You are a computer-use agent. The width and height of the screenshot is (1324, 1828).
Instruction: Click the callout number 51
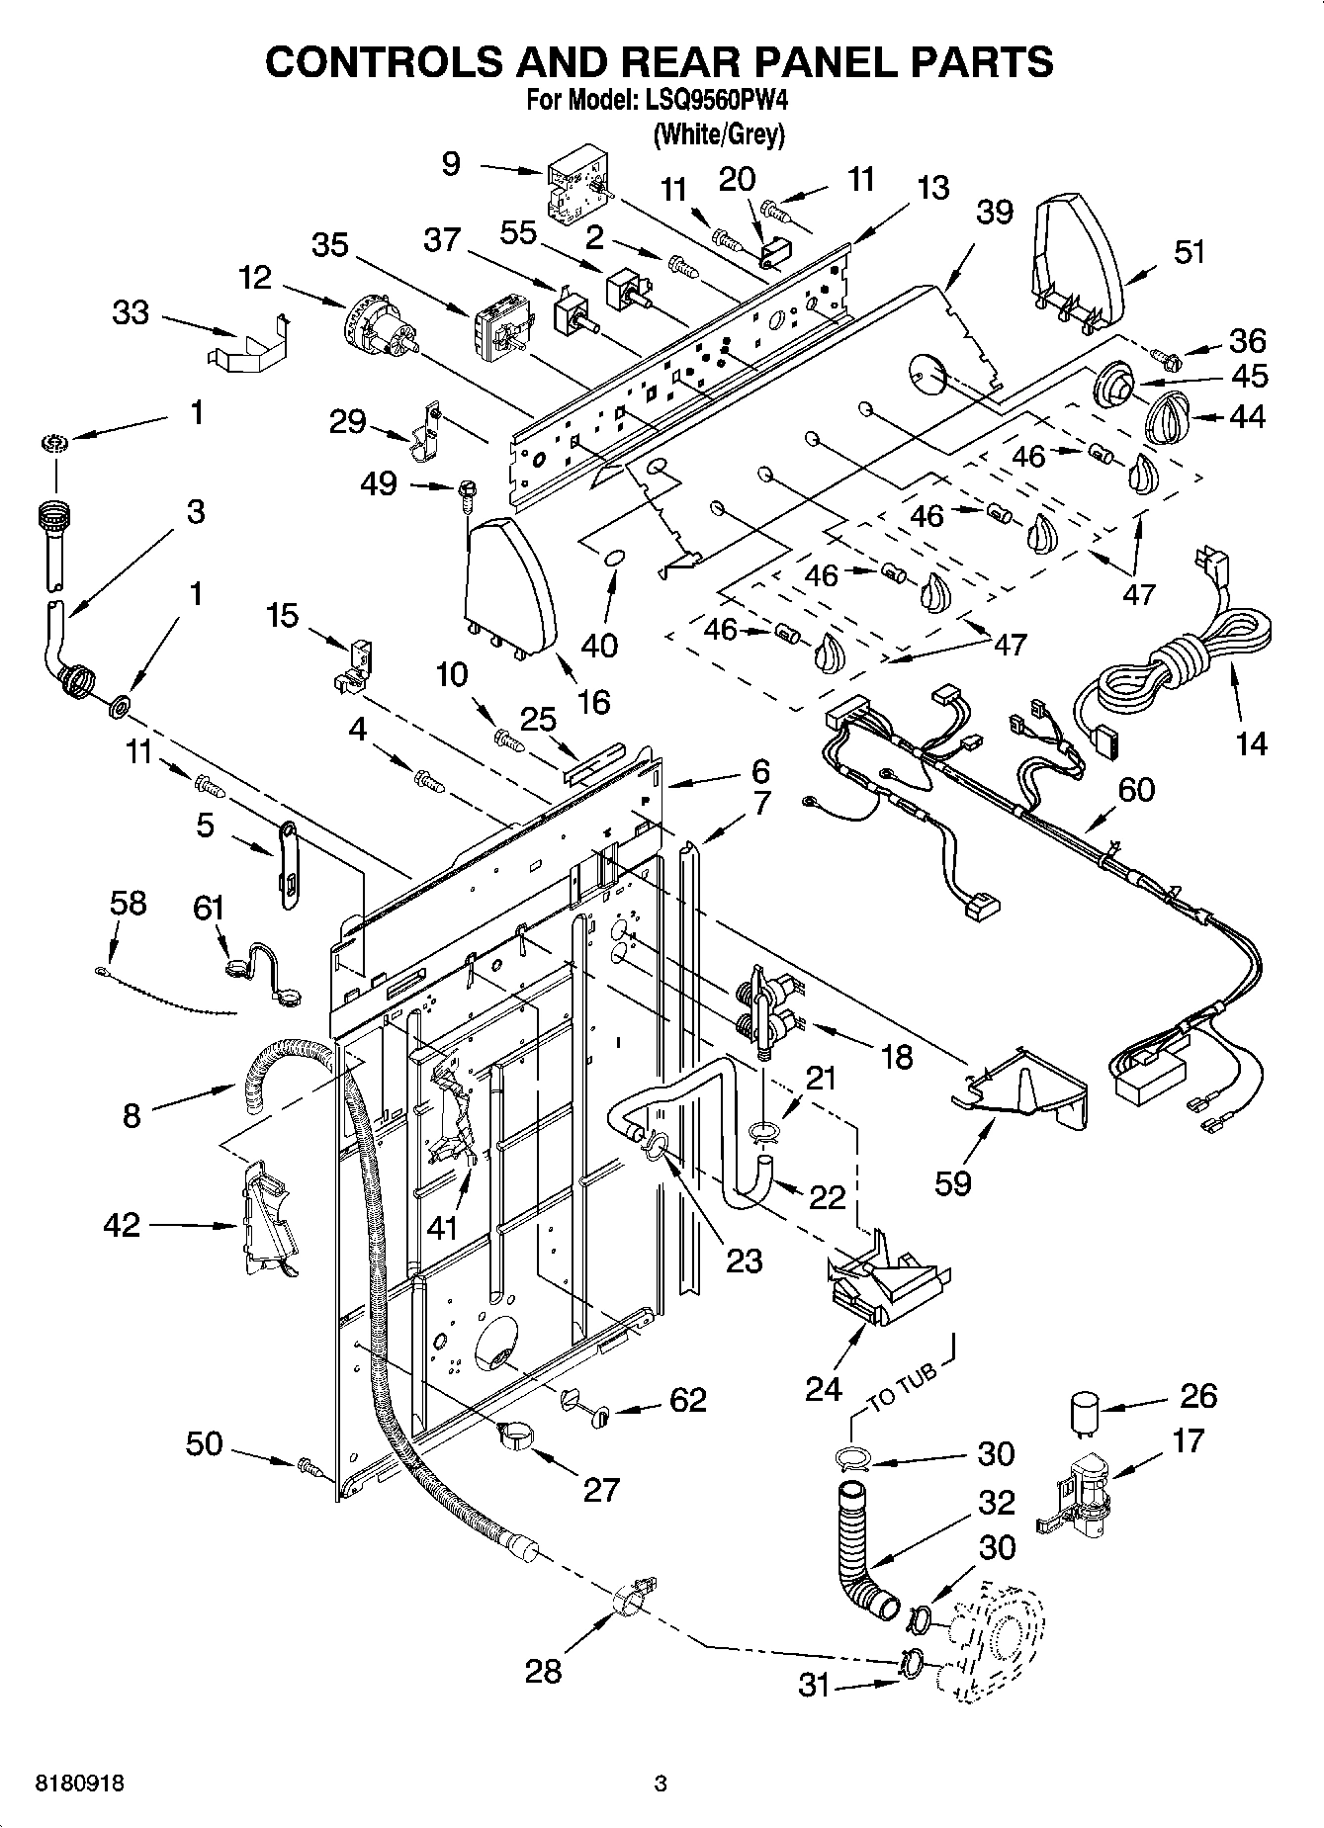coord(1190,252)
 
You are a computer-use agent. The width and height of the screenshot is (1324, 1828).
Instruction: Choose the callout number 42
coord(122,1226)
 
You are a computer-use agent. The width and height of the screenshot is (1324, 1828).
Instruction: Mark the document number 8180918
coord(79,1784)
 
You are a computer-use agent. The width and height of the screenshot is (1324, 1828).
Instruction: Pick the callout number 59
coord(953,1182)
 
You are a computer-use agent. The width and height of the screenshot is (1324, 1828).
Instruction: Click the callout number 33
coord(131,313)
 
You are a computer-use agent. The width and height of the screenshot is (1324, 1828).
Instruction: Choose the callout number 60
coord(1136,789)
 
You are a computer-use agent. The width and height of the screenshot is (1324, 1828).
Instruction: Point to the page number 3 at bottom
coord(662,1784)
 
